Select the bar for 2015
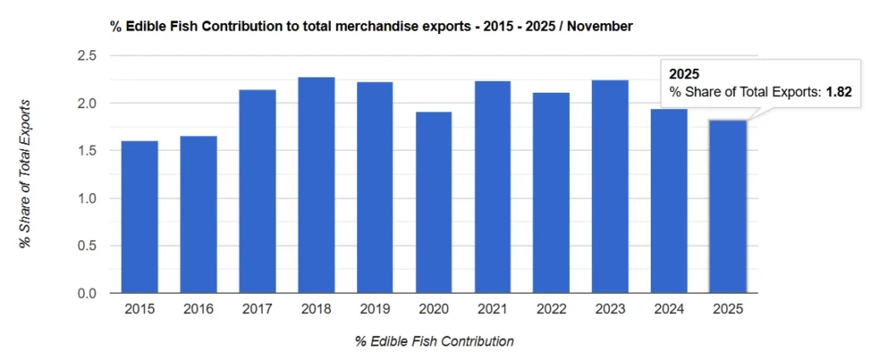[x=139, y=217]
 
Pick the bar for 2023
[x=610, y=186]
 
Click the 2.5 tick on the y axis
[x=86, y=56]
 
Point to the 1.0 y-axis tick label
[x=86, y=198]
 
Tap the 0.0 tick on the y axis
[x=86, y=294]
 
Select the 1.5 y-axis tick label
[x=86, y=151]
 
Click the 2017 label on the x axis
[x=257, y=310]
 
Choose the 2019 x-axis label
[x=375, y=310]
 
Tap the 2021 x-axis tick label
[x=492, y=310]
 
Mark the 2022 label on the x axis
[x=551, y=310]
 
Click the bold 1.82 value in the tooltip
[x=839, y=91]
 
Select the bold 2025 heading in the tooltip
[x=685, y=74]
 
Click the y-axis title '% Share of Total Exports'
[x=26, y=174]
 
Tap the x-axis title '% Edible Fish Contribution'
[x=435, y=341]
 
